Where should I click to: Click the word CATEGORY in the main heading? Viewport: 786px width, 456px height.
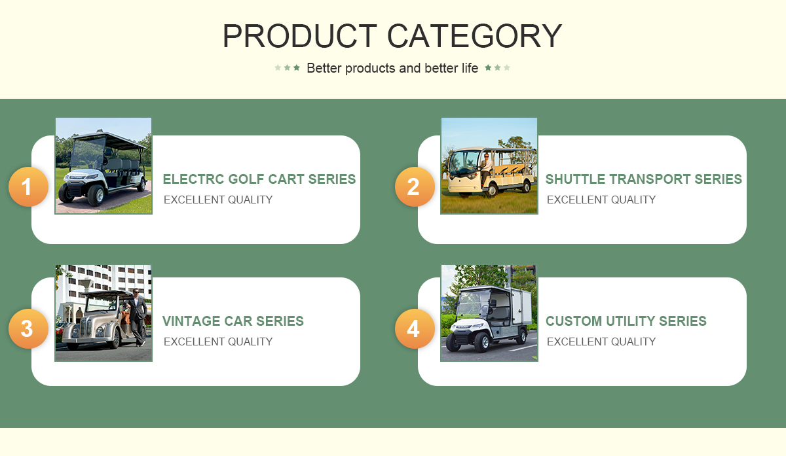475,36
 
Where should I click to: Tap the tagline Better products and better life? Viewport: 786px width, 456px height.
392,68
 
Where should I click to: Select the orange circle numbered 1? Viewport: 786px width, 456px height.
28,186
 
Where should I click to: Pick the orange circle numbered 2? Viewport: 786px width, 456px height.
415,186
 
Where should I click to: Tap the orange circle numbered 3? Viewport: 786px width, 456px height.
28,328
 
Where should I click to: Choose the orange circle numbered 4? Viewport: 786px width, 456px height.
415,328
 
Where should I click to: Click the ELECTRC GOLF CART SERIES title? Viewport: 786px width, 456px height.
259,179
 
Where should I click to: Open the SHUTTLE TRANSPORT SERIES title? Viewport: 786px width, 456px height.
643,179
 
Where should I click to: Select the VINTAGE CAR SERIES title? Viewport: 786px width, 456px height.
233,321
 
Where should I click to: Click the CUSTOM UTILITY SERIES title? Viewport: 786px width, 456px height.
626,321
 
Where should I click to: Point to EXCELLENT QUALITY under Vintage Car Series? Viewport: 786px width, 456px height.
218,342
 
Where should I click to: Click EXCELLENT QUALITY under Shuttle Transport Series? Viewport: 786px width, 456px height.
601,200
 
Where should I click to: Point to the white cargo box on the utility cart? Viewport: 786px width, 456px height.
521,307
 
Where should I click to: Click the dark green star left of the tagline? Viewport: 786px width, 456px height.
297,67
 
